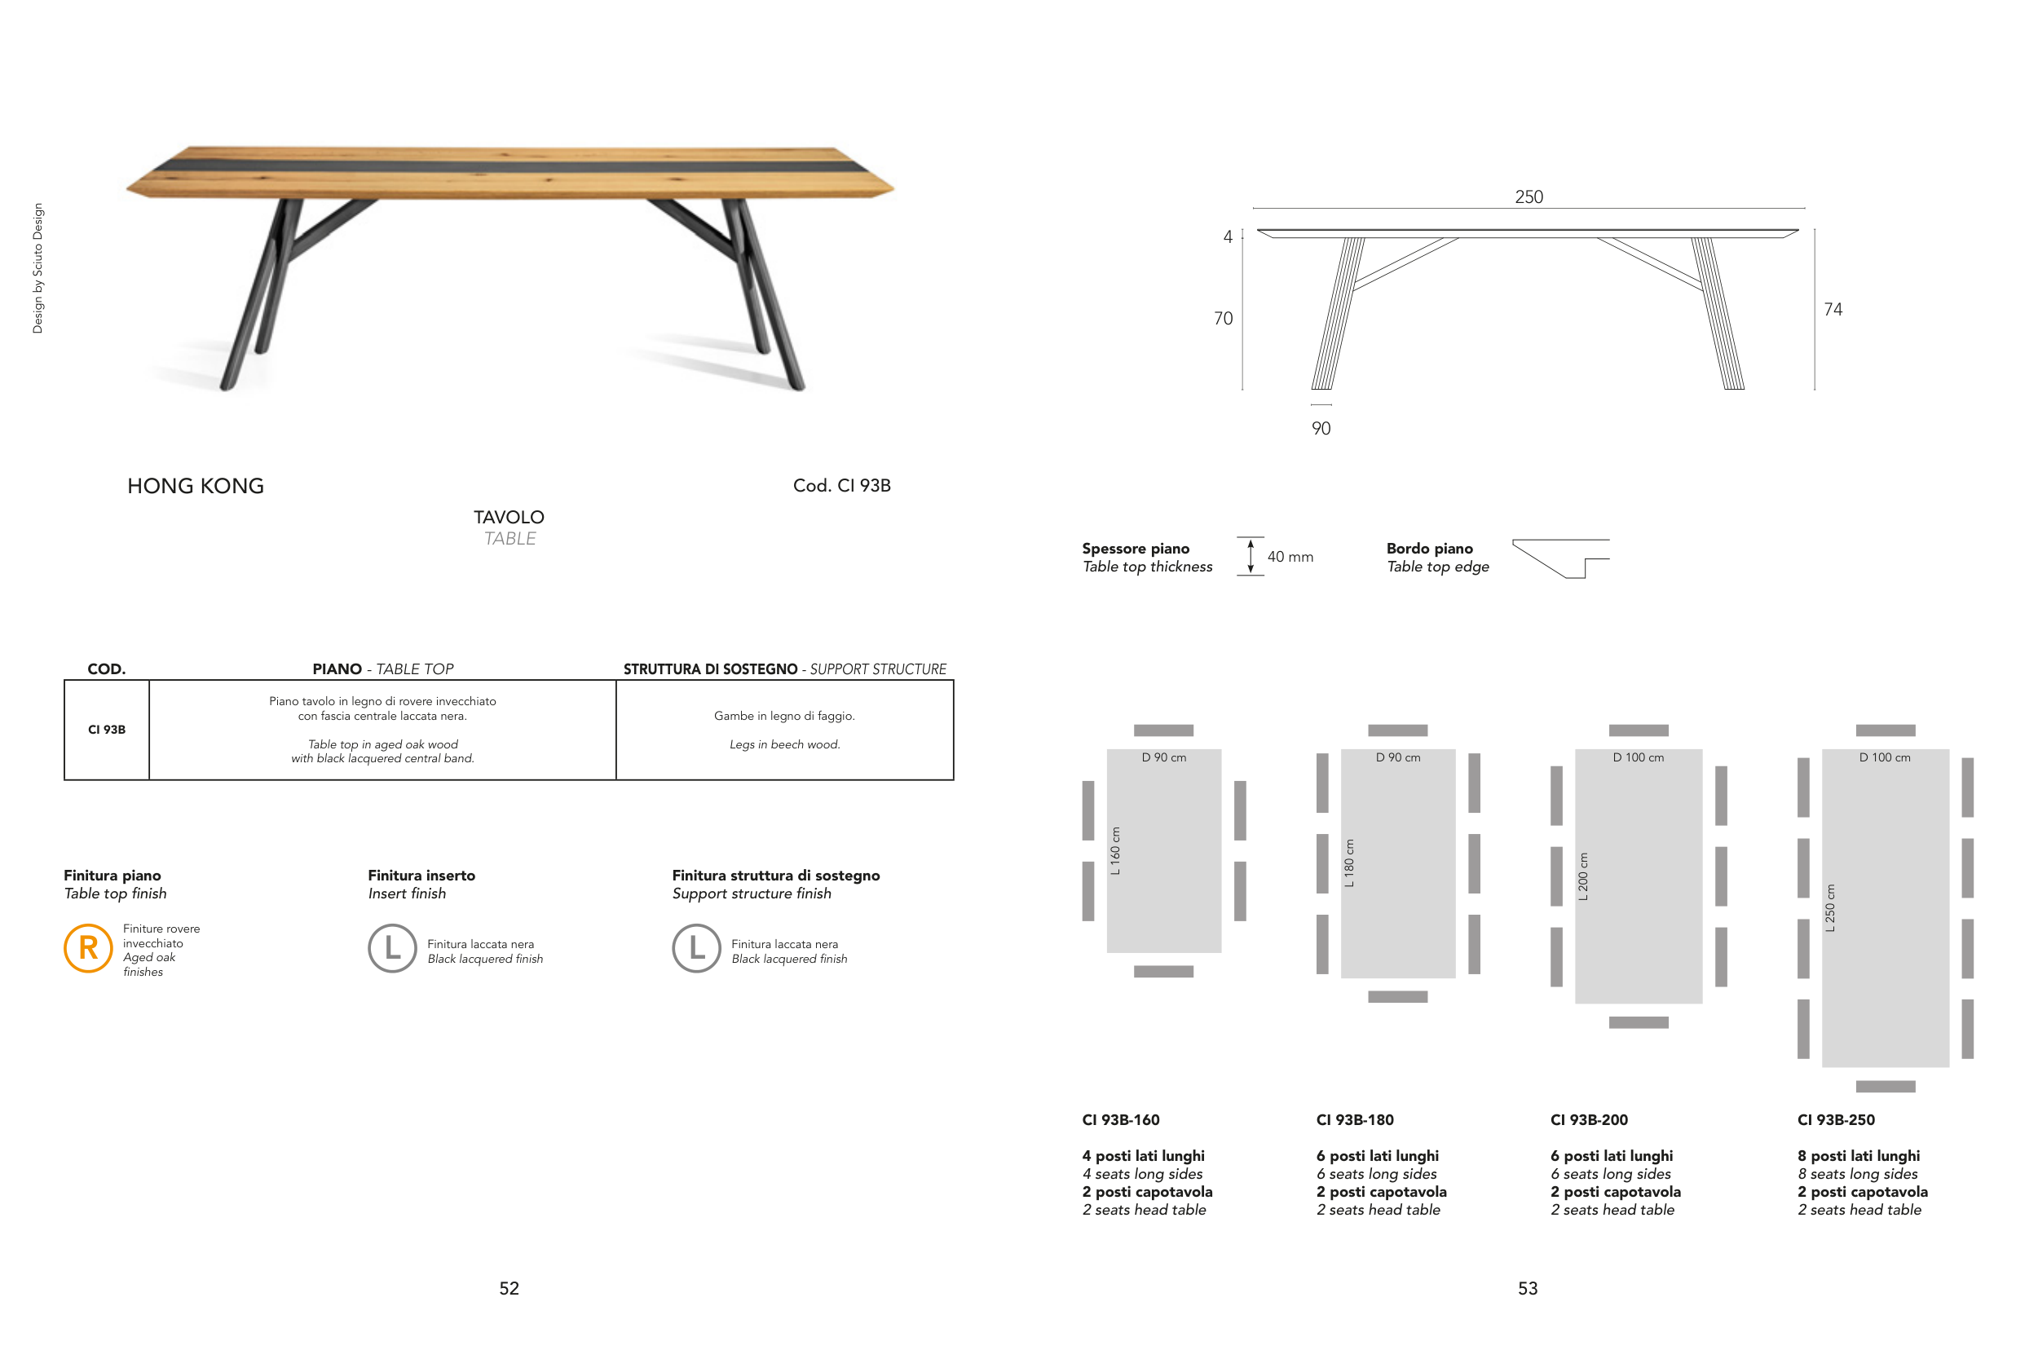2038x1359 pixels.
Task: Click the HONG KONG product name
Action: [196, 486]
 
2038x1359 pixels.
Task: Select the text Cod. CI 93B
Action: [841, 485]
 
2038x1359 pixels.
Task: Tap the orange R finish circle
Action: [88, 948]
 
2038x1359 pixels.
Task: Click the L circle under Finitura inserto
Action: [393, 948]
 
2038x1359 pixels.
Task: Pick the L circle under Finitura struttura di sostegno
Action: [697, 948]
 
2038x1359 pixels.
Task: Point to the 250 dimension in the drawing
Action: [1528, 196]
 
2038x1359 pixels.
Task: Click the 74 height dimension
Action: [1833, 310]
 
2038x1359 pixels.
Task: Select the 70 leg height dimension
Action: [1223, 318]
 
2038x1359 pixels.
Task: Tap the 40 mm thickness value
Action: [1290, 557]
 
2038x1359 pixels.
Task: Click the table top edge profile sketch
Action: [1560, 558]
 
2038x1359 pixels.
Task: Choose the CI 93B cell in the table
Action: [107, 730]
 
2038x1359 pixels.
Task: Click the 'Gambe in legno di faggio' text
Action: [784, 716]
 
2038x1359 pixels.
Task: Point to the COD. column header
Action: [107, 669]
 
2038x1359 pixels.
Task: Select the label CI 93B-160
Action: [1120, 1120]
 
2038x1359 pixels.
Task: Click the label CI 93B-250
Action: [1836, 1120]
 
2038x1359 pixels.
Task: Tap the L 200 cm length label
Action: [1583, 877]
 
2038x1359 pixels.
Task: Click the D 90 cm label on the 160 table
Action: [1164, 757]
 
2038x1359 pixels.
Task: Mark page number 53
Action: [1528, 1289]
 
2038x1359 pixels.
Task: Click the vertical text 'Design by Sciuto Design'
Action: [37, 269]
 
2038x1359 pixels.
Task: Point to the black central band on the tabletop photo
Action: [509, 165]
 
